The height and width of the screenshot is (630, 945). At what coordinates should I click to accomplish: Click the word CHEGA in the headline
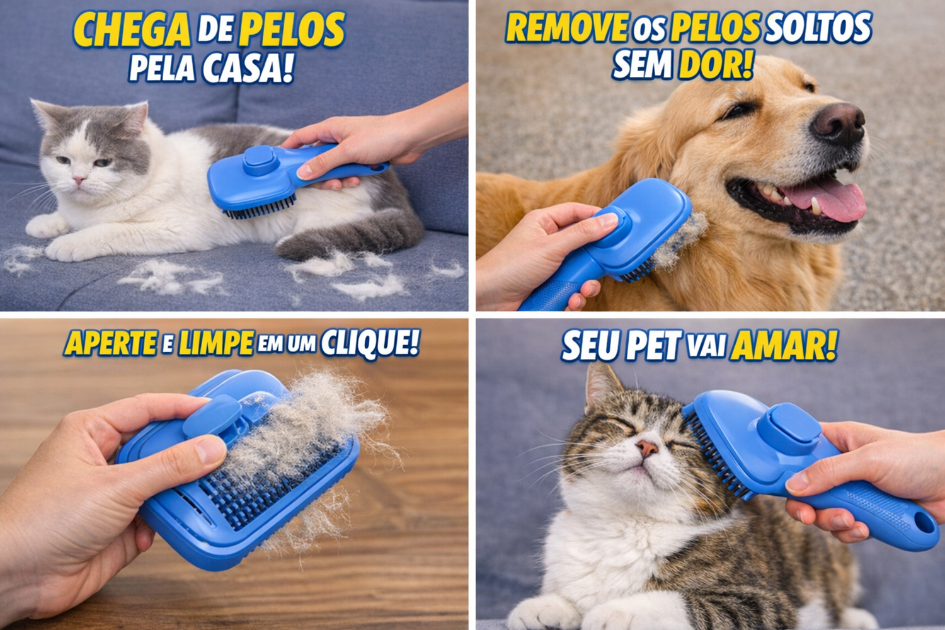(131, 29)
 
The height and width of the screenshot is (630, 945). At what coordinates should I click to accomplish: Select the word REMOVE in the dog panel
(567, 27)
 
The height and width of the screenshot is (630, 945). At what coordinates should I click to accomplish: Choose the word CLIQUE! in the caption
(370, 343)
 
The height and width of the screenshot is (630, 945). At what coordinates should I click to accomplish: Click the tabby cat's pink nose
(648, 448)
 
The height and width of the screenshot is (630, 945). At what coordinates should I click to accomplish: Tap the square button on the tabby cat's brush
(788, 423)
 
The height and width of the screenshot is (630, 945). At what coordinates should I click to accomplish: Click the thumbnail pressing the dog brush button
(607, 220)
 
